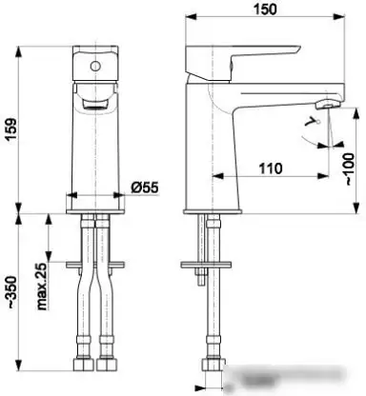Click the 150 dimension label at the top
click(265, 10)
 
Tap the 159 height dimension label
click(10, 129)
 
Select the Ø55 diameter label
click(145, 188)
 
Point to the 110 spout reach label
click(271, 168)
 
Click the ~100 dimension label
click(349, 169)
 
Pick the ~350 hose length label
click(11, 292)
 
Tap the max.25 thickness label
click(42, 287)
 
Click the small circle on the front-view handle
click(95, 67)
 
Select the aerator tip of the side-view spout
click(328, 104)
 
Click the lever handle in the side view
click(242, 62)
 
